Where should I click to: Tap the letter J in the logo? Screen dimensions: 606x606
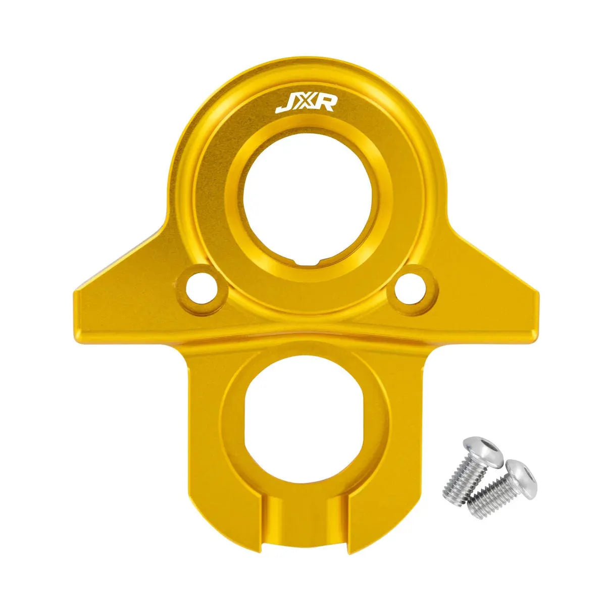coord(284,105)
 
